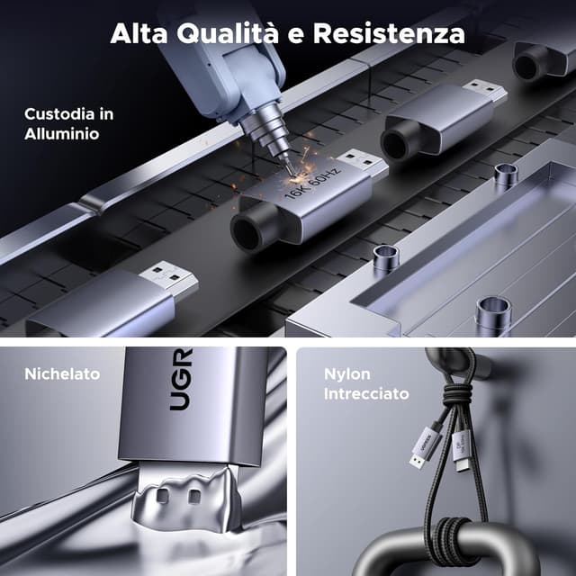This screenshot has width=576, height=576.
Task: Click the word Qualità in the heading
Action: coord(228,33)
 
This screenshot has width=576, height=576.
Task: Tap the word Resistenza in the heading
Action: coord(389,33)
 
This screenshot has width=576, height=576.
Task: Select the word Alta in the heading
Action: coord(139,33)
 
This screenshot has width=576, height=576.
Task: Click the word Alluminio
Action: coord(62,133)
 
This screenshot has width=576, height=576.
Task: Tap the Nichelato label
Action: coord(62,374)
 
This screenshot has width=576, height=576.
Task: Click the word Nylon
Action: coord(347,374)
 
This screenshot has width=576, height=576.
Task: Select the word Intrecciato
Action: coord(366,394)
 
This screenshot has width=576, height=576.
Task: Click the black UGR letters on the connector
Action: coord(181,379)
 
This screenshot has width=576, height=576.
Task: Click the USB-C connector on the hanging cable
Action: coord(461,453)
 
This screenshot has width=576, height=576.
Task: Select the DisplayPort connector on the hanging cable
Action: coord(423,447)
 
